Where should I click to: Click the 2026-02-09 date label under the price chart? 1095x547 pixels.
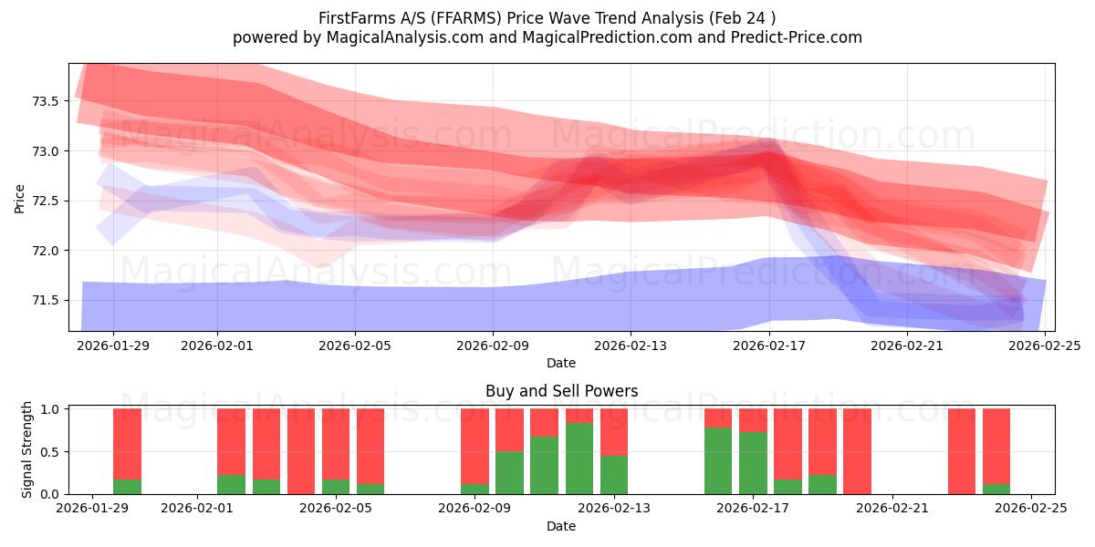(493, 346)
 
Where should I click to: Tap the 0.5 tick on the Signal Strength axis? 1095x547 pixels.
(49, 452)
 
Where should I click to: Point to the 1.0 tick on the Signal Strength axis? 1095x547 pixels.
(49, 409)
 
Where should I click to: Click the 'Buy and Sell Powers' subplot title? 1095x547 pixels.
(561, 391)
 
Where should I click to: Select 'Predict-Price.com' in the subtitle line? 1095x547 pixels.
(797, 37)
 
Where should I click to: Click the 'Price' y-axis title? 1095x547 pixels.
(20, 198)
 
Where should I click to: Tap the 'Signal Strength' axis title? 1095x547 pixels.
(27, 449)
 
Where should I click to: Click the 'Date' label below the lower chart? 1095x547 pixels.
(561, 526)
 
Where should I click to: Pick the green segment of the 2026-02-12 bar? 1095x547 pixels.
(579, 459)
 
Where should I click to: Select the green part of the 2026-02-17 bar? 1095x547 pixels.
(753, 463)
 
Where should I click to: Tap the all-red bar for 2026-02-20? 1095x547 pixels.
(857, 451)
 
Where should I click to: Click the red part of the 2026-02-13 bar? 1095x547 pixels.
(614, 431)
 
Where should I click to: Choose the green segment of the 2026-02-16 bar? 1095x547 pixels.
(718, 460)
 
